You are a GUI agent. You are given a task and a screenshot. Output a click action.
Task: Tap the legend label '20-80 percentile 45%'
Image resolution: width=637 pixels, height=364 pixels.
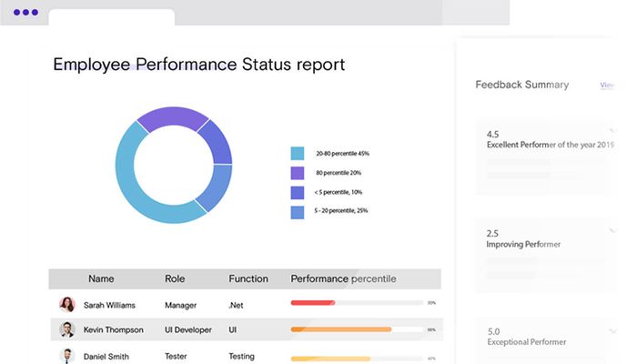point(342,153)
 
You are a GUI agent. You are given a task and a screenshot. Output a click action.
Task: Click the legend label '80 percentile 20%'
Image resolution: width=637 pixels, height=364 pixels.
point(339,172)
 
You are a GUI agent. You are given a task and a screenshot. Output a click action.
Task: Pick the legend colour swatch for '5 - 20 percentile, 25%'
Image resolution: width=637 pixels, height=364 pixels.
point(297,212)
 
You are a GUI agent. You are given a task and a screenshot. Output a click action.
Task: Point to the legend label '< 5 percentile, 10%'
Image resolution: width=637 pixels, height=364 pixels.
point(339,192)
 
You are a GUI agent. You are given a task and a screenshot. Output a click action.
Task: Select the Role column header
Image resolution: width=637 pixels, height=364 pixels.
point(175,278)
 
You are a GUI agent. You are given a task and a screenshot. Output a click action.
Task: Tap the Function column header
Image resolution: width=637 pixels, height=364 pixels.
point(248,278)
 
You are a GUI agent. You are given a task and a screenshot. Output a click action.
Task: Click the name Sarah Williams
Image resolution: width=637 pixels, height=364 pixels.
point(109,306)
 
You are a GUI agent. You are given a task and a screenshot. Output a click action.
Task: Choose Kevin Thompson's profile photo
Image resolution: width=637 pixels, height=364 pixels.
point(67,329)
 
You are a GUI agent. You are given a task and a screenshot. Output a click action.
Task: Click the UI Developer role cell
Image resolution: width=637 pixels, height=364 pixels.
point(188,329)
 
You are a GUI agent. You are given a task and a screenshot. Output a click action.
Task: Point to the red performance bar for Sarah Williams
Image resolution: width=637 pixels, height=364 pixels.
point(312,302)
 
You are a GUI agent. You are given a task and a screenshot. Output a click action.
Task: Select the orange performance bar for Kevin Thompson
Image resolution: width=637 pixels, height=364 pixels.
point(340,329)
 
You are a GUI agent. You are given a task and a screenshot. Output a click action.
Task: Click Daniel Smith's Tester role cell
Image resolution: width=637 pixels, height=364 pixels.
point(177,357)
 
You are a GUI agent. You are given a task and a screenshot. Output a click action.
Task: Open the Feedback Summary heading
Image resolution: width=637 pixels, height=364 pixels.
point(521,85)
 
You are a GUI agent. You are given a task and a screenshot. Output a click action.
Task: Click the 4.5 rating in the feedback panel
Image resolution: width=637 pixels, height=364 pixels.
point(493,134)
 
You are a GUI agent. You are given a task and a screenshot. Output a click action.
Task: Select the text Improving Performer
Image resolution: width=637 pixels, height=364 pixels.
point(523,244)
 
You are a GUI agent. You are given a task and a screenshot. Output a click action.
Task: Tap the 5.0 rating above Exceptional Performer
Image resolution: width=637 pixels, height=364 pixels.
point(493,331)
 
